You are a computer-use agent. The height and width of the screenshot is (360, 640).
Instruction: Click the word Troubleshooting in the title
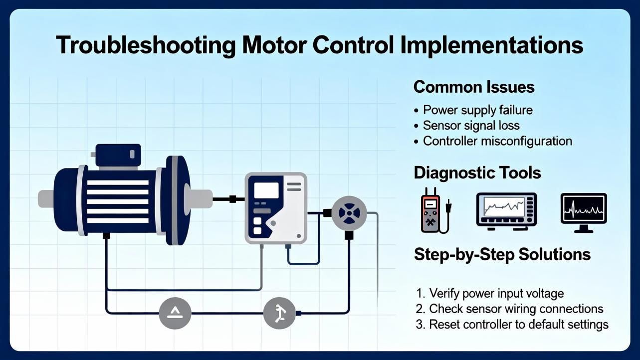146,45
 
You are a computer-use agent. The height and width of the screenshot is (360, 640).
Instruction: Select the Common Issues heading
474,87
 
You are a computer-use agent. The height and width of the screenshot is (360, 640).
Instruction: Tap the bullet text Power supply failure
477,110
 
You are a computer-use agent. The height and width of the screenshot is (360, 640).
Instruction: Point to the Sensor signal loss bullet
471,126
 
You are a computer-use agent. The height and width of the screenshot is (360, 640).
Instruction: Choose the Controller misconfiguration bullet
497,141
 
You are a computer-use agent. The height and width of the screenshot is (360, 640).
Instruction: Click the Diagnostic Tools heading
477,173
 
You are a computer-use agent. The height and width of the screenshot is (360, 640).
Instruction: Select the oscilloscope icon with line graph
506,210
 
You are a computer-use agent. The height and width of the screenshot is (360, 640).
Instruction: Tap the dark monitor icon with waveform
584,212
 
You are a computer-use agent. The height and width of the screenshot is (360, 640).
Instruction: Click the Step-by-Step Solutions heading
502,255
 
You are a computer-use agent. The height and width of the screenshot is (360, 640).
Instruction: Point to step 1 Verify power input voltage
496,293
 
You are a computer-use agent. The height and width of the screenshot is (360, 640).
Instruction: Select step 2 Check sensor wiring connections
516,309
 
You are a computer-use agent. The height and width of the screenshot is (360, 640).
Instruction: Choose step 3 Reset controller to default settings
519,325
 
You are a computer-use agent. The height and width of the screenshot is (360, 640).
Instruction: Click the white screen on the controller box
266,190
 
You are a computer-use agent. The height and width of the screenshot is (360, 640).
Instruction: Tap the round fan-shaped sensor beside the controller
349,213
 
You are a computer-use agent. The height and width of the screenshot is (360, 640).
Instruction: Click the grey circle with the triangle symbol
175,313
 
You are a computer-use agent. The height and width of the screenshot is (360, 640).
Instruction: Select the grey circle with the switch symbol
279,313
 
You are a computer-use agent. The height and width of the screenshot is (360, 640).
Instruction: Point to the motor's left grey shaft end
46,199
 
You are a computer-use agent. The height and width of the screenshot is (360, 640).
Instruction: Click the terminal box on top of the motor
118,155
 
